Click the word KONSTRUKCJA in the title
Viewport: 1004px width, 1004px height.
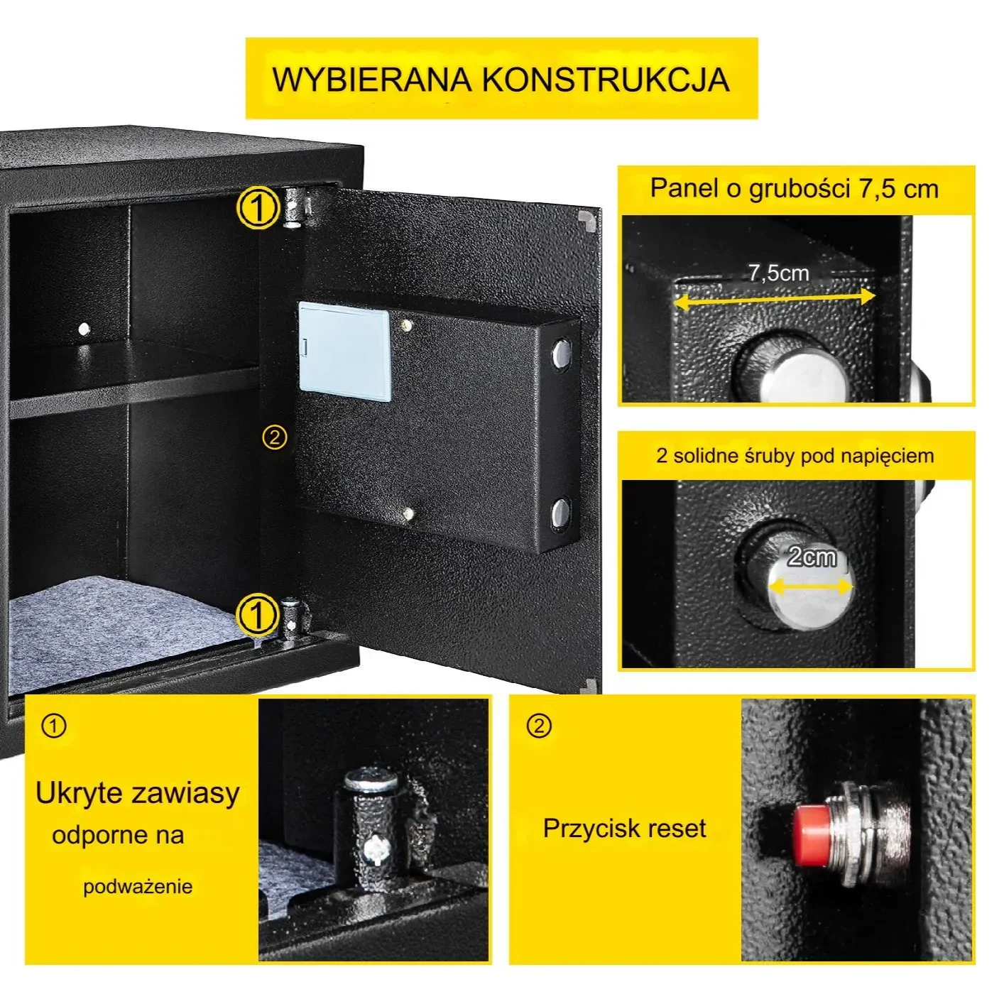click(x=606, y=79)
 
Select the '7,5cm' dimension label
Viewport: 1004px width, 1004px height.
click(x=778, y=273)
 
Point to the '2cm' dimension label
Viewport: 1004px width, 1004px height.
click(x=812, y=557)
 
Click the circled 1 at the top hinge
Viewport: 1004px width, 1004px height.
click(x=257, y=208)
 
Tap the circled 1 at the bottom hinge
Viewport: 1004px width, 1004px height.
click(x=257, y=614)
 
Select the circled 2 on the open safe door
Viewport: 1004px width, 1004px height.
click(x=275, y=437)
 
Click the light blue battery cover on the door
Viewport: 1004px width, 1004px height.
click(x=344, y=349)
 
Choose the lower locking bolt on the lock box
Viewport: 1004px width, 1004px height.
click(x=561, y=513)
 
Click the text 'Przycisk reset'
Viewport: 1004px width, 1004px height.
click(x=624, y=829)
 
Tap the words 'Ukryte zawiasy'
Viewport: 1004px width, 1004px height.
click(x=138, y=793)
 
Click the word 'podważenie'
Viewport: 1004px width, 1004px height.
click(x=138, y=887)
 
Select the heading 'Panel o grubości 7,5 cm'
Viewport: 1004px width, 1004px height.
click(x=795, y=189)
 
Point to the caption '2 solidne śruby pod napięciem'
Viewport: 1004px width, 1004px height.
click(x=795, y=456)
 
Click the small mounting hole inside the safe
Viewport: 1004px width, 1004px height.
click(x=84, y=329)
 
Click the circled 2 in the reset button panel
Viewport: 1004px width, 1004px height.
click(x=540, y=726)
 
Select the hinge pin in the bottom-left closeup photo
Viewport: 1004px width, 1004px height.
click(x=371, y=824)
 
